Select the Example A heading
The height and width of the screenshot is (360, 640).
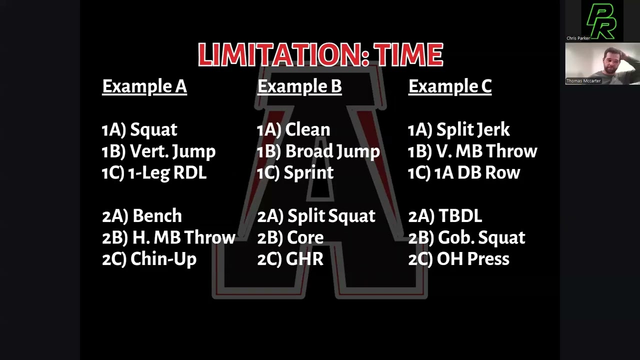click(x=144, y=86)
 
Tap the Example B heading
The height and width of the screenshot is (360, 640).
click(x=299, y=86)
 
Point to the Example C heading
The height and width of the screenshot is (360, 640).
click(x=450, y=86)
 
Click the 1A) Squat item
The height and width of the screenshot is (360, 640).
click(x=139, y=130)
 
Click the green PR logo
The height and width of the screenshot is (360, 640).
click(x=601, y=21)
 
